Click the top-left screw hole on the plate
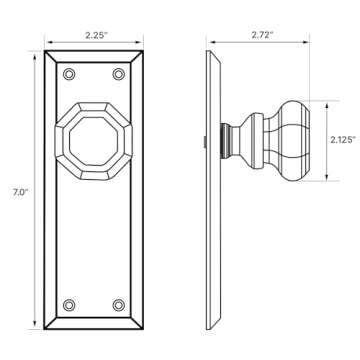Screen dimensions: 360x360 click(x=68, y=74)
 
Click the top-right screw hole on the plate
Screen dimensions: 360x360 click(x=119, y=74)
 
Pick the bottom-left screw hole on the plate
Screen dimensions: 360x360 click(x=68, y=304)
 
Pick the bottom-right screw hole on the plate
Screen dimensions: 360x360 click(x=119, y=304)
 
